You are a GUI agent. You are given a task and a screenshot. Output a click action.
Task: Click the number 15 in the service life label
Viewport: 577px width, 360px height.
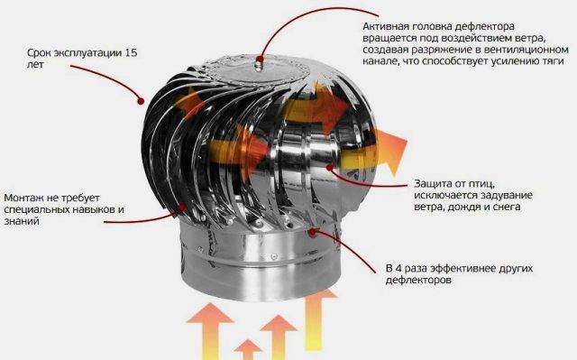131,52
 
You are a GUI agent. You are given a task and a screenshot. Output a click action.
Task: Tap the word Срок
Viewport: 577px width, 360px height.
39,53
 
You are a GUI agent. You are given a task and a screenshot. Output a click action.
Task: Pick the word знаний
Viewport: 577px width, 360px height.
22,221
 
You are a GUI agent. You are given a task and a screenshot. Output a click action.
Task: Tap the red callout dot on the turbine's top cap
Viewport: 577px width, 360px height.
261,59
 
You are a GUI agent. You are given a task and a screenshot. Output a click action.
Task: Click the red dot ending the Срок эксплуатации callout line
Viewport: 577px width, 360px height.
141,101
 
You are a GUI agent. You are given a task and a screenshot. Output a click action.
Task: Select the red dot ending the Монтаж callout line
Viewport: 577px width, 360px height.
181,208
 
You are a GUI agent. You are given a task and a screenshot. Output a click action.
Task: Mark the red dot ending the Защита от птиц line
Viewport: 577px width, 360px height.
330,168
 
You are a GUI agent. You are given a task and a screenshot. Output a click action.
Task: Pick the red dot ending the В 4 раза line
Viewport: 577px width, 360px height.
313,232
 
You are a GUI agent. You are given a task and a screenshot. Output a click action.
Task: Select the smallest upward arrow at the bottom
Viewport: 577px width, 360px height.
248,349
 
